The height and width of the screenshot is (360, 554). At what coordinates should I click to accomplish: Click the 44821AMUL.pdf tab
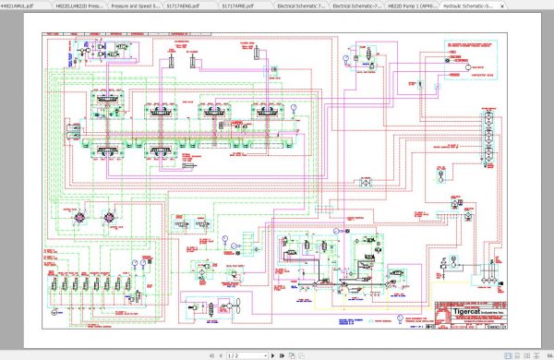18,5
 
